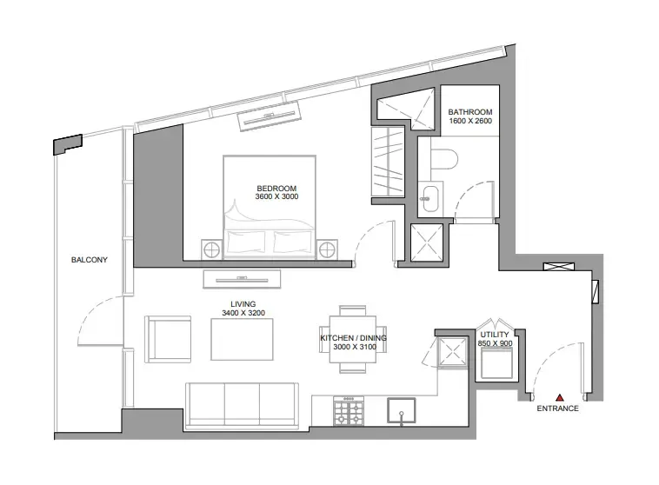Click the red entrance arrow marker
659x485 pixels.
pyautogui.click(x=561, y=395)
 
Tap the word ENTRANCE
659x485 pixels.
pyautogui.click(x=557, y=409)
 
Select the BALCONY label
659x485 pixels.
pyautogui.click(x=89, y=260)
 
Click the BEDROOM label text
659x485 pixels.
pyautogui.click(x=276, y=189)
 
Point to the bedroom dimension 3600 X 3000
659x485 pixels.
pyautogui.click(x=276, y=198)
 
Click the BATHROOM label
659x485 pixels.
pyautogui.click(x=470, y=112)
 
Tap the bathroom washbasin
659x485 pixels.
pyautogui.click(x=429, y=196)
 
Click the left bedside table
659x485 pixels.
pyautogui.click(x=213, y=250)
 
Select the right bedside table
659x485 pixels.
pyautogui.click(x=326, y=250)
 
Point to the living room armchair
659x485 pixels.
pyautogui.click(x=167, y=339)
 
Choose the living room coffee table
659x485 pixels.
pyautogui.click(x=243, y=339)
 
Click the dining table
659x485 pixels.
pyautogui.click(x=352, y=339)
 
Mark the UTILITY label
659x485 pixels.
pyautogui.click(x=495, y=334)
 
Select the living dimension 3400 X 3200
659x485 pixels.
pyautogui.click(x=243, y=313)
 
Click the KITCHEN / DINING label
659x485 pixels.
pyautogui.click(x=353, y=337)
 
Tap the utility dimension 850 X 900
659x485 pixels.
pyautogui.click(x=495, y=344)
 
